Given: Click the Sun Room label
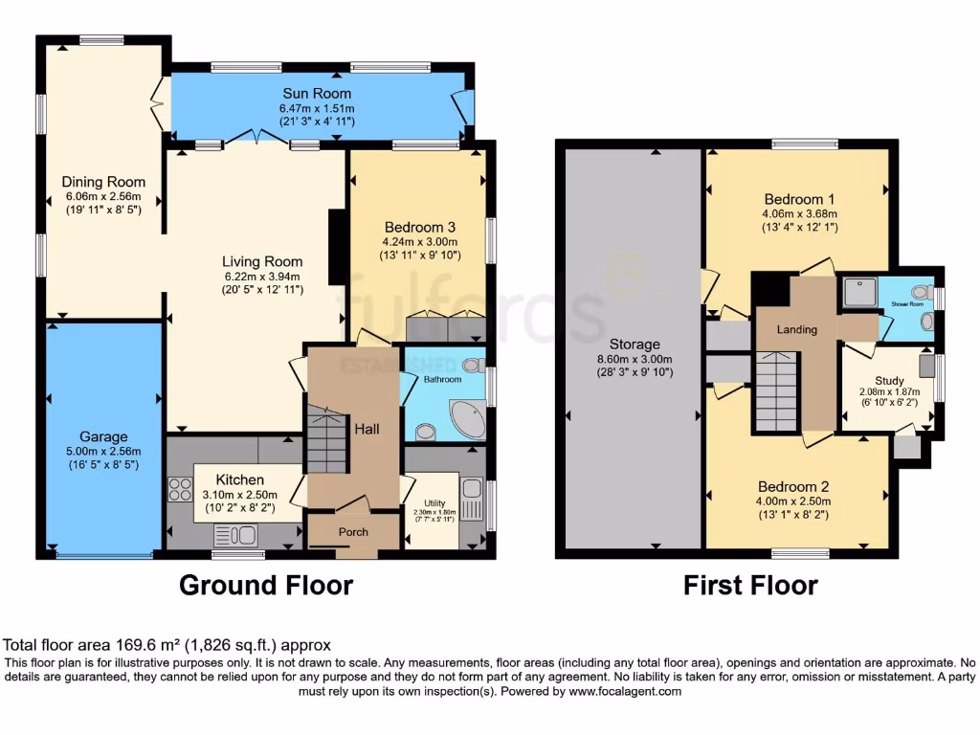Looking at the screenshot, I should [x=316, y=94].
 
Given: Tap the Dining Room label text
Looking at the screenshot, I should [x=103, y=182].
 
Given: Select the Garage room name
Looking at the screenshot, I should [x=103, y=436].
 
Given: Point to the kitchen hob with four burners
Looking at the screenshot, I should [x=180, y=489].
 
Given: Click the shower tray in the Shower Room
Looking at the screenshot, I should [x=857, y=292].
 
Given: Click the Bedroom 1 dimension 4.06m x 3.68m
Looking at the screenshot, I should [x=799, y=213].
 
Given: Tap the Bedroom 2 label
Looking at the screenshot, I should [x=795, y=486].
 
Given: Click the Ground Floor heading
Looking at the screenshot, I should [x=266, y=585].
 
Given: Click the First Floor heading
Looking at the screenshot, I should [x=750, y=585].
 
